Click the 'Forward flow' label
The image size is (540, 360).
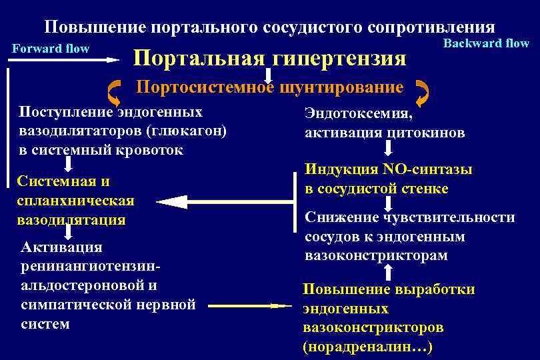51,48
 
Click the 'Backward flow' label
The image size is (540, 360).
486,43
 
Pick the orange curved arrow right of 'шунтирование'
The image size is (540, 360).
421,91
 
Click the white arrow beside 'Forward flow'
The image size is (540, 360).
63,59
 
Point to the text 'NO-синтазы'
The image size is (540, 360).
436,169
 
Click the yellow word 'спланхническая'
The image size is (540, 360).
76,200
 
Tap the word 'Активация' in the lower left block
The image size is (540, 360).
62,247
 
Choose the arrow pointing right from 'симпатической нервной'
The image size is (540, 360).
250,306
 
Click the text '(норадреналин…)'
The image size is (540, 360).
367,347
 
